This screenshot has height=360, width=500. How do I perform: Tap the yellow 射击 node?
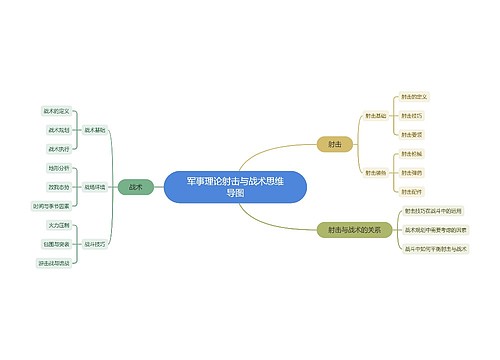pyautogui.click(x=335, y=144)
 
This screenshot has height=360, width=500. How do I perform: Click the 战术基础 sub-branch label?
pyautogui.click(x=95, y=130)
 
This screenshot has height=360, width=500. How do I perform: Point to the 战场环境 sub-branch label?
pyautogui.click(x=95, y=187)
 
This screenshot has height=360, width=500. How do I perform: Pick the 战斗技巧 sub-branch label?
pyautogui.click(x=95, y=243)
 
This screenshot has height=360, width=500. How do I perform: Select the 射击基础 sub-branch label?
pyautogui.click(x=376, y=115)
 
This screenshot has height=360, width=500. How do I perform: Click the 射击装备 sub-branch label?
pyautogui.click(x=376, y=172)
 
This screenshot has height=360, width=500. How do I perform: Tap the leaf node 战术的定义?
pyautogui.click(x=56, y=111)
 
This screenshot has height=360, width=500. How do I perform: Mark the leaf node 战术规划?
pyautogui.click(x=59, y=130)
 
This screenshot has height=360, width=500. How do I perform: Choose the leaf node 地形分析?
pyautogui.click(x=59, y=168)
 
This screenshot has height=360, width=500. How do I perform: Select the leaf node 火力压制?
pyautogui.click(x=59, y=225)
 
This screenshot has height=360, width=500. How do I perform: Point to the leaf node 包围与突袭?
pyautogui.click(x=56, y=243)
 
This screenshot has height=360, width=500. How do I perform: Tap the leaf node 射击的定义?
pyautogui.click(x=414, y=97)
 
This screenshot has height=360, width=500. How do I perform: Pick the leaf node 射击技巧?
pyautogui.click(x=411, y=116)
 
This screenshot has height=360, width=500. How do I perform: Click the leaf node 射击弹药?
pyautogui.click(x=411, y=172)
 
